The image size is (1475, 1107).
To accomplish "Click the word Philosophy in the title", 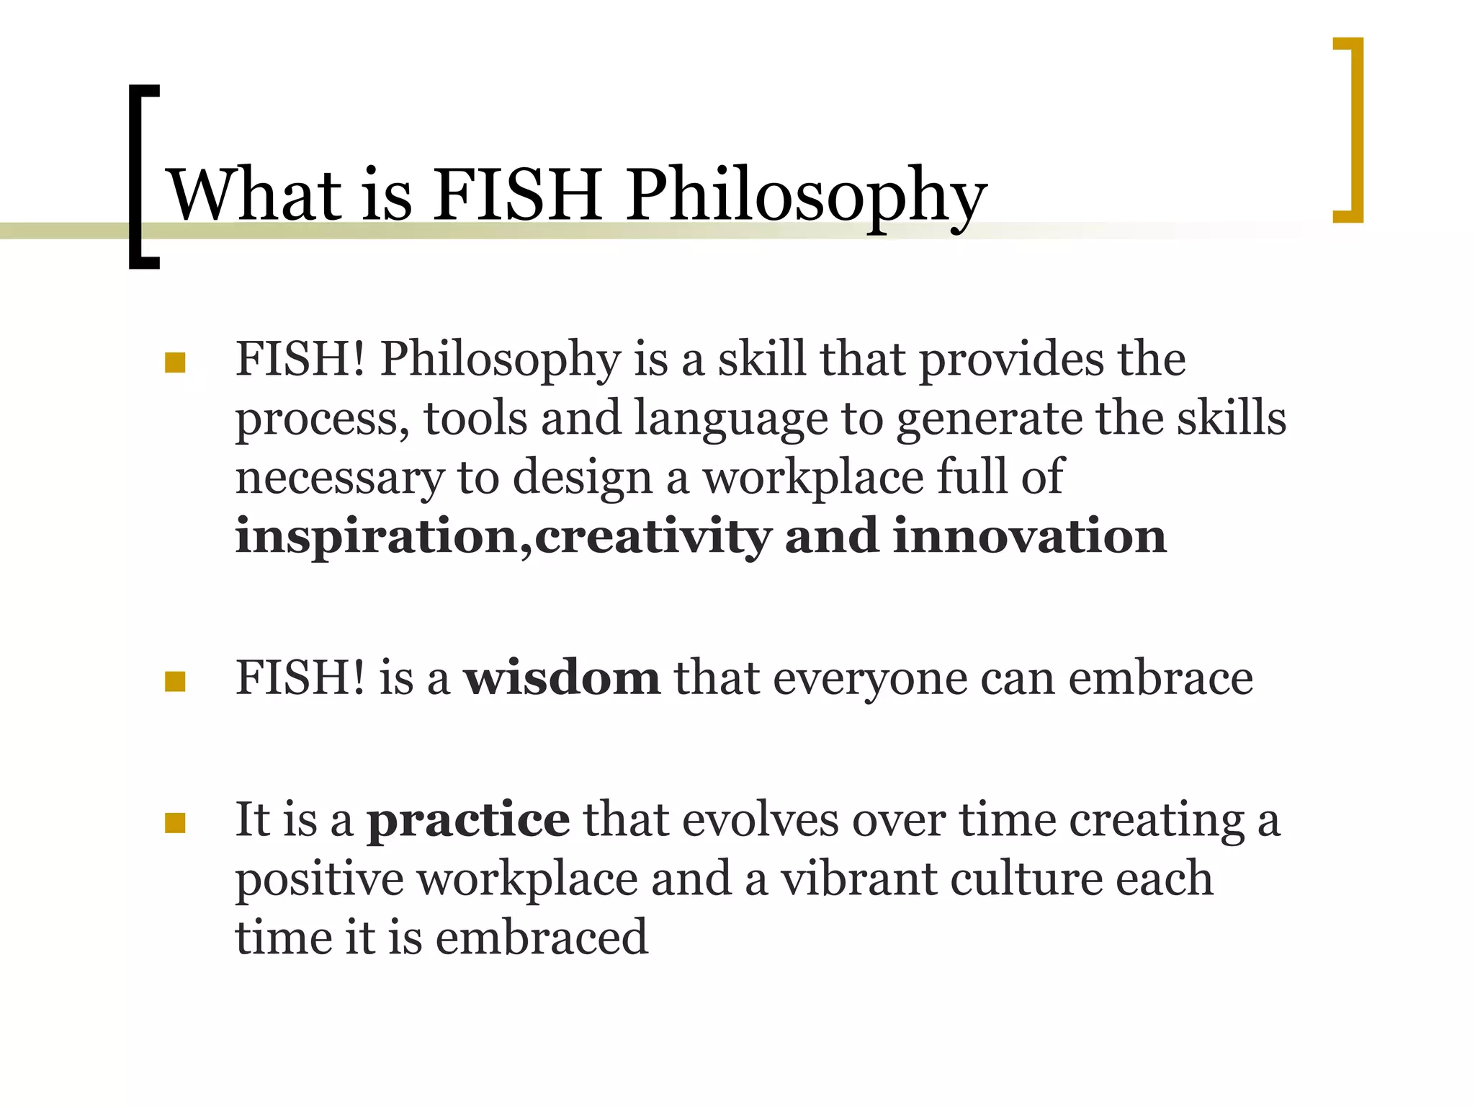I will [806, 196].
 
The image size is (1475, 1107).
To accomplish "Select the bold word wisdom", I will [562, 678].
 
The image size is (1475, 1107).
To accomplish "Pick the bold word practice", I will [469, 820].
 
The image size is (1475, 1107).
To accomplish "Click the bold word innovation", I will [1030, 537].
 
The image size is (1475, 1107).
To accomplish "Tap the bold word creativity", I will [653, 537].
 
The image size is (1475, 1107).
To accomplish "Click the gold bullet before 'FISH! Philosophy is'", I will [175, 362].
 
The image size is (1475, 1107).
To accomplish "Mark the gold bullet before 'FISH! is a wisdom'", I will [175, 681].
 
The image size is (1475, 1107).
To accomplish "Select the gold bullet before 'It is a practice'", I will [175, 822].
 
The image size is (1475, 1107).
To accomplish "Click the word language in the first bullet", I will [731, 419].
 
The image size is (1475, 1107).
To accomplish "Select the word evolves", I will [761, 820].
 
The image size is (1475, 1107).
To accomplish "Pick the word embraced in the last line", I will [542, 938].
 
